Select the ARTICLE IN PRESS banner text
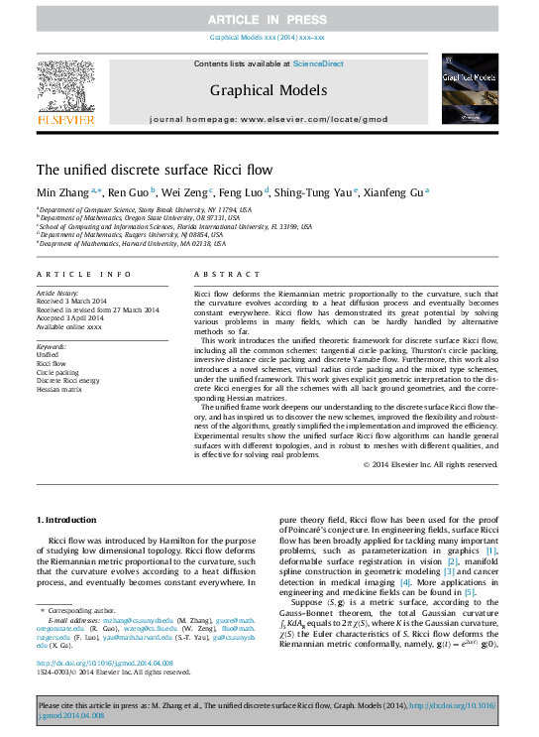[x=268, y=20]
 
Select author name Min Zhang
[x=63, y=190]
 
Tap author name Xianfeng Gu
[x=398, y=190]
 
